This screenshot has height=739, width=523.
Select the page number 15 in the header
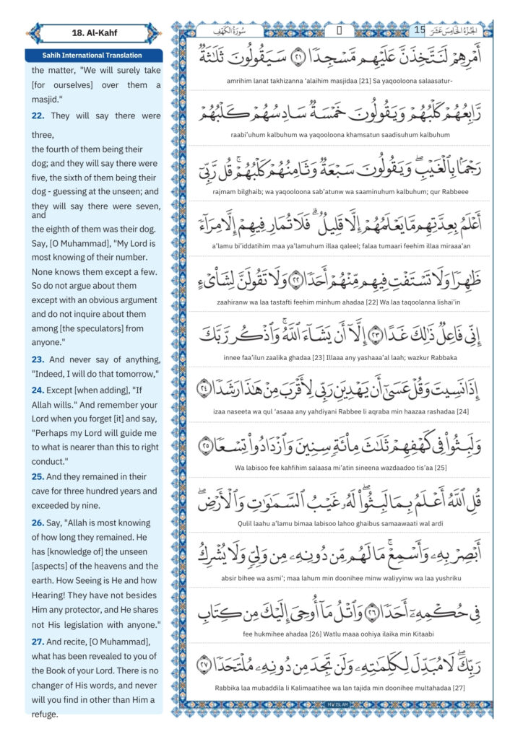420,30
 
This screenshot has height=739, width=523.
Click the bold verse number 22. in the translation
38,115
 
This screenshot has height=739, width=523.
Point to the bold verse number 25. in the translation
38,476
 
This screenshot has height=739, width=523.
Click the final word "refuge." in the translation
45,714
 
